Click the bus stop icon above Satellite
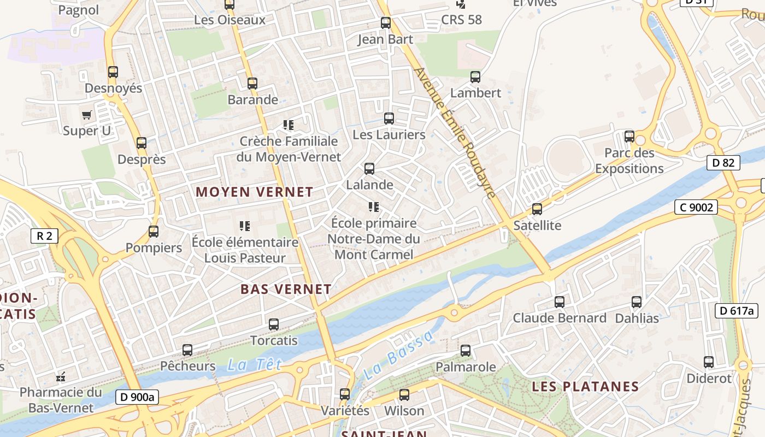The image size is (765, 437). (537, 209)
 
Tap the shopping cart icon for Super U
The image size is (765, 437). (86, 115)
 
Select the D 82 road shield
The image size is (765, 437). (723, 163)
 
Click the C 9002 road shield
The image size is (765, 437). (696, 207)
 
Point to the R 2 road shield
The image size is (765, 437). (44, 236)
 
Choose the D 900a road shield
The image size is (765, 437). (137, 397)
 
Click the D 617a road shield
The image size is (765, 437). (736, 311)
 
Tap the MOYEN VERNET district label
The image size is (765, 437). (255, 192)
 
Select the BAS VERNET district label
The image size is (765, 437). (286, 289)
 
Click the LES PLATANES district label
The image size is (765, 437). (585, 387)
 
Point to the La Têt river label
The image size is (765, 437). (254, 364)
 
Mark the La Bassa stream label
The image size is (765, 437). (397, 356)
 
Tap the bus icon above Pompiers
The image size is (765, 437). (154, 231)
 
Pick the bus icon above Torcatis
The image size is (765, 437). (274, 324)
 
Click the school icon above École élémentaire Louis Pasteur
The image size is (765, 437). (244, 226)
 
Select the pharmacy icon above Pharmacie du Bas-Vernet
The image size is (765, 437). (61, 376)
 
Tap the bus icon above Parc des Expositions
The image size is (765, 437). (629, 136)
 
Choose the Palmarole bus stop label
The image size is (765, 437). (466, 367)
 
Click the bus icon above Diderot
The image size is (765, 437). (709, 362)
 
